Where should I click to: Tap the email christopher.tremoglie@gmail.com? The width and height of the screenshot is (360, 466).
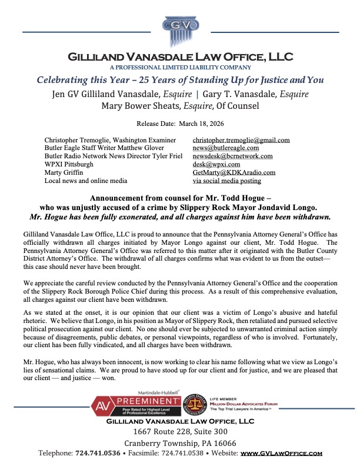coord(241,140)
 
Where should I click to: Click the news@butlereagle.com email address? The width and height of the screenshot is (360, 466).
coord(226,148)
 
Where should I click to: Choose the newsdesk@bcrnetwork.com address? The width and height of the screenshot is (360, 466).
coord(232,157)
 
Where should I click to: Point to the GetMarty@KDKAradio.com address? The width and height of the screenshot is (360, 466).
coord(234,173)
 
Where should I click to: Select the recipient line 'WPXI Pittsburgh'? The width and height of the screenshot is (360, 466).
coord(69,165)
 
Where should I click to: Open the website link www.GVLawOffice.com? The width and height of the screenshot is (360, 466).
coord(281,453)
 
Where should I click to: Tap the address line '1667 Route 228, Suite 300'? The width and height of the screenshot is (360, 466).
coord(179,431)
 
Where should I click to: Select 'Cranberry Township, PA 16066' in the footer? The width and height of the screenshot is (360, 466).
coord(179,442)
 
